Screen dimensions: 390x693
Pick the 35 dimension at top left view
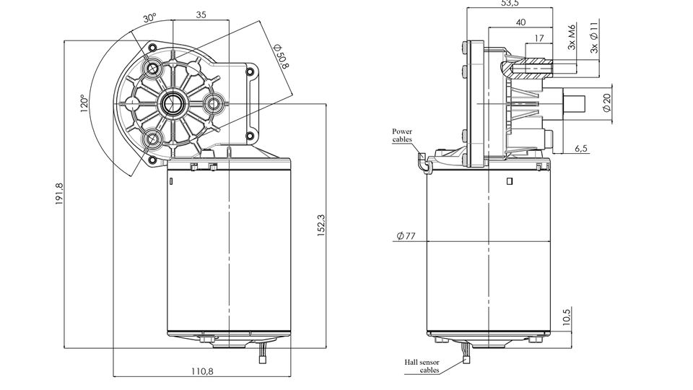coord(201,14)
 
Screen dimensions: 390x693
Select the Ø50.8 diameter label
coord(281,56)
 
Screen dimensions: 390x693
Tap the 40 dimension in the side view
coord(520,23)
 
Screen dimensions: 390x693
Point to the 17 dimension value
coord(540,38)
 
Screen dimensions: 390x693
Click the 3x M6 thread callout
coord(572,37)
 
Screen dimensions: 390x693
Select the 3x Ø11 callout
coord(593,37)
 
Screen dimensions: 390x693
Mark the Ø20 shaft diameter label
coord(606,102)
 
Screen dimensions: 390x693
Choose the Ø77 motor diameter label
coord(408,237)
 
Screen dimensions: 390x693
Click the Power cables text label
coord(402,135)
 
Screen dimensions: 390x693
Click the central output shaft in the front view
coord(173,103)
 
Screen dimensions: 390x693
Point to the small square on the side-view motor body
coord(510,181)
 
